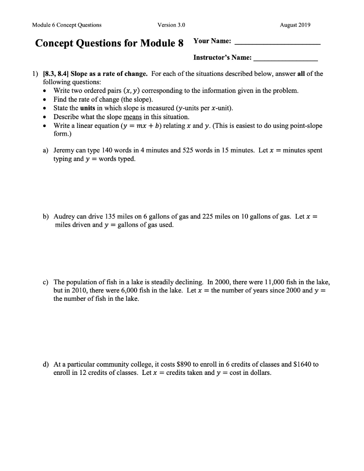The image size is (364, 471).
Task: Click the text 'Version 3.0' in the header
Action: (x=171, y=25)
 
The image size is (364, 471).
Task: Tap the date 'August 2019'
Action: (x=295, y=25)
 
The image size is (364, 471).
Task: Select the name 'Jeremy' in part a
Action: (x=64, y=150)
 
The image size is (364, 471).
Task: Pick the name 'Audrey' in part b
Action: (x=64, y=216)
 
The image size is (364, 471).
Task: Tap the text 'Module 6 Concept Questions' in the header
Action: (x=67, y=25)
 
